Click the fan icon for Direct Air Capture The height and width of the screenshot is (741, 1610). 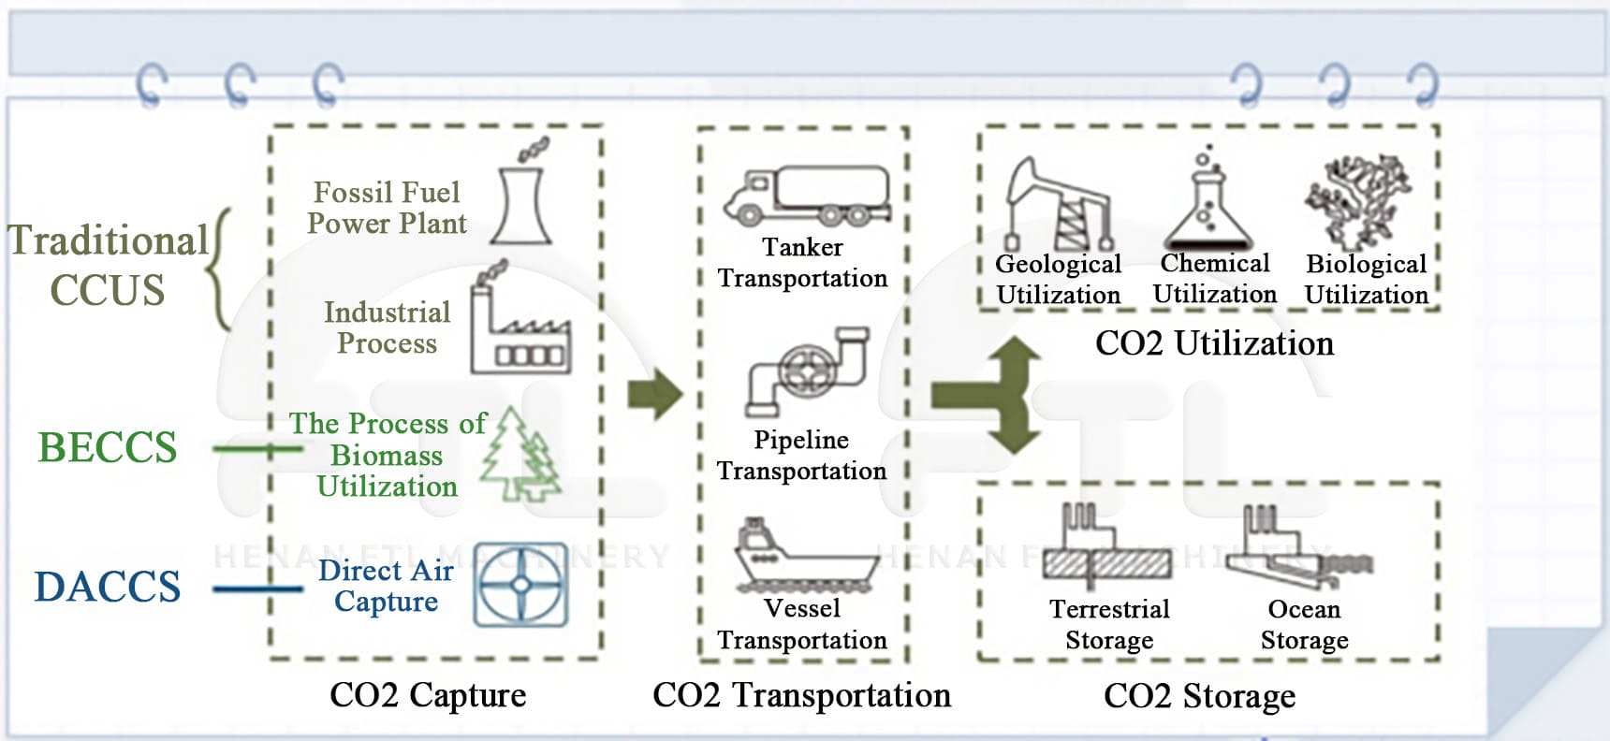(x=520, y=585)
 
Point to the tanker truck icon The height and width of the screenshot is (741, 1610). (x=806, y=196)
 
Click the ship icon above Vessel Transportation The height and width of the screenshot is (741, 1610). (x=805, y=556)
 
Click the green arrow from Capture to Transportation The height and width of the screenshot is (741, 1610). (x=654, y=395)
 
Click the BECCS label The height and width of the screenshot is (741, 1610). (x=108, y=447)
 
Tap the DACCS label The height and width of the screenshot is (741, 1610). (x=108, y=587)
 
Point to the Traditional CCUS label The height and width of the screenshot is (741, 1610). (x=108, y=265)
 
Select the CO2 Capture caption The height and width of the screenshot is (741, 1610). (x=428, y=695)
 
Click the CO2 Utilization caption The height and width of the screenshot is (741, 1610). (x=1214, y=343)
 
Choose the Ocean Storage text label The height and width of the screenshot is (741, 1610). (x=1304, y=624)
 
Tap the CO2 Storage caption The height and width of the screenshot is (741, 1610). (x=1199, y=696)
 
